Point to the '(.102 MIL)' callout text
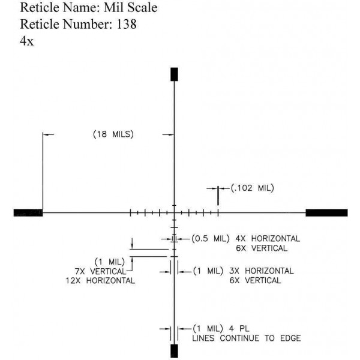(252, 188)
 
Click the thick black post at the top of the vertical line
(175, 74)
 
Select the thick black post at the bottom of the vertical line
(175, 350)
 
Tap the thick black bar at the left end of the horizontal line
(28, 212)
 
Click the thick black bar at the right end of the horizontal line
(326, 212)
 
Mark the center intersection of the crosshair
(175, 212)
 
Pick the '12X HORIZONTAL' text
(101, 280)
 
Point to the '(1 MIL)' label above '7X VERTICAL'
(109, 262)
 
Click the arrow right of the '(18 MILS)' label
(168, 134)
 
